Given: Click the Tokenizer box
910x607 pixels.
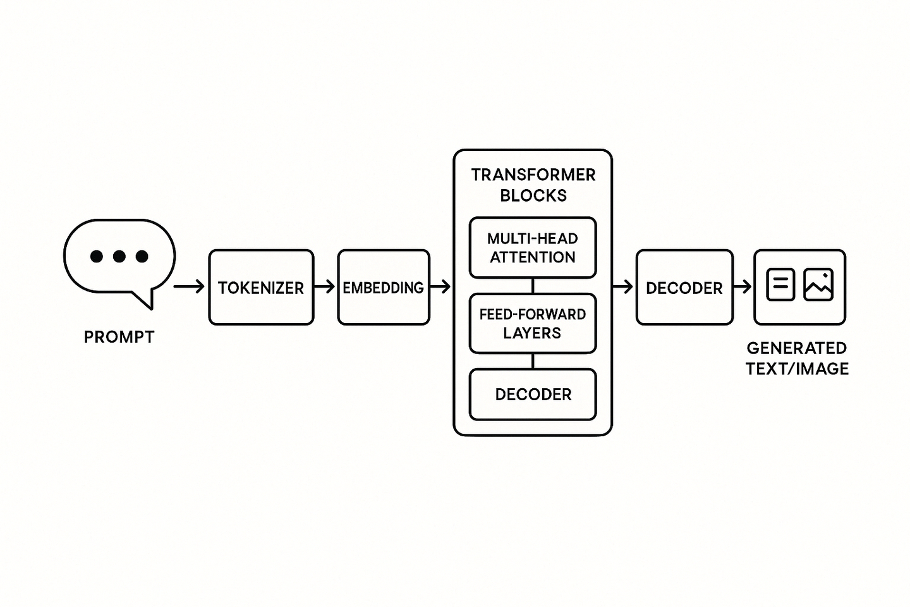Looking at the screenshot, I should [261, 288].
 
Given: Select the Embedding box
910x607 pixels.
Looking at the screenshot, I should [384, 288].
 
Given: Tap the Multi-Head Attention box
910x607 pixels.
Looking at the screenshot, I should [533, 248].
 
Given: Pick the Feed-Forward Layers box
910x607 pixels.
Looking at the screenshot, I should [533, 323].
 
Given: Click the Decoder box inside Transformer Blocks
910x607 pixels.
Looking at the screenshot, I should [533, 395].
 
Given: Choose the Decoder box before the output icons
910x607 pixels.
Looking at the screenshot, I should [684, 288].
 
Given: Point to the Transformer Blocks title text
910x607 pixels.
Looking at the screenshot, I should [533, 185].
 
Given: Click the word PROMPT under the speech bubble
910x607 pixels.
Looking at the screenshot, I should [119, 337].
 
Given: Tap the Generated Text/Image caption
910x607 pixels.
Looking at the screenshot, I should [797, 358].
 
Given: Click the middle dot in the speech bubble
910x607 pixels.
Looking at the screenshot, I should [119, 256].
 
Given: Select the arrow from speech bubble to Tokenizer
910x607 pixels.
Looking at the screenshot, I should [189, 287].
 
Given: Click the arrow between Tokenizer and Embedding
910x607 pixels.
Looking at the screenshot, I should [325, 287].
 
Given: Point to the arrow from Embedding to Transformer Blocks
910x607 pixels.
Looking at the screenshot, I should [440, 287].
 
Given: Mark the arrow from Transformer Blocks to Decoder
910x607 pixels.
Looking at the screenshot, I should [623, 287].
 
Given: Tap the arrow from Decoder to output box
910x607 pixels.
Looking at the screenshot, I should [743, 287].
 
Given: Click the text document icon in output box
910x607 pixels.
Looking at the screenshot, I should [780, 285].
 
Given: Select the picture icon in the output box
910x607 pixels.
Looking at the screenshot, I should [818, 285].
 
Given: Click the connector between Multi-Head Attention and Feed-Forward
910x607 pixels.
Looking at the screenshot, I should [533, 286].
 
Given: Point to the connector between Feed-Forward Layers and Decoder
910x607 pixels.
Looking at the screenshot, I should [533, 361].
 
